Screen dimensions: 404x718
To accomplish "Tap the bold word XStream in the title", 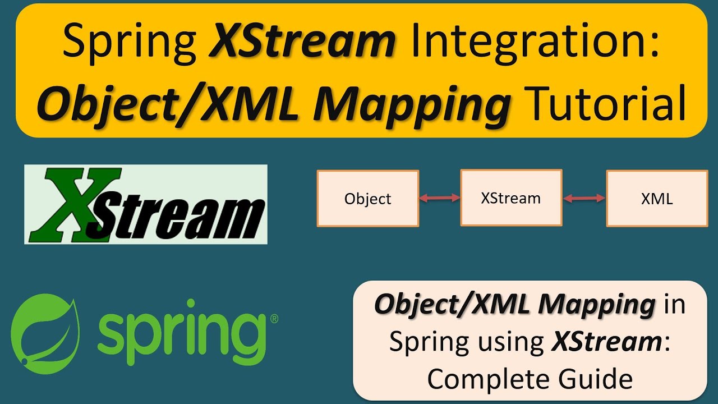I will [x=302, y=43].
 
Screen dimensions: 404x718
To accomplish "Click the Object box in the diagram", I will [x=368, y=199].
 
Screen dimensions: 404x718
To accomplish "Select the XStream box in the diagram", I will [x=511, y=198].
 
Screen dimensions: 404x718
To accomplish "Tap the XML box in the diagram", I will [x=657, y=199].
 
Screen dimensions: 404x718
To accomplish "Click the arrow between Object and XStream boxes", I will [x=440, y=198].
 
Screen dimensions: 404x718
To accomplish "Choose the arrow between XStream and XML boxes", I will [x=584, y=198].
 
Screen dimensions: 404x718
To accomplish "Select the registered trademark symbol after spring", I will [x=274, y=319].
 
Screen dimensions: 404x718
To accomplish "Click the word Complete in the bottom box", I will [x=486, y=379].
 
